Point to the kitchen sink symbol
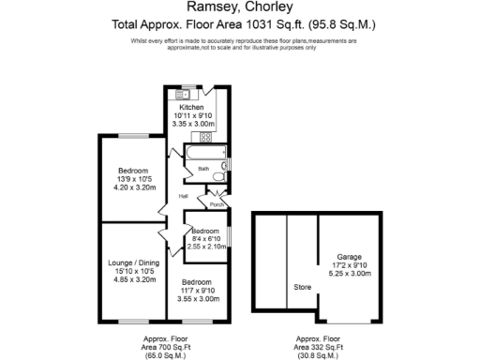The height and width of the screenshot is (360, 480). [177, 93]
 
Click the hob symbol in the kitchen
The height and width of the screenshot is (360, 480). [208, 138]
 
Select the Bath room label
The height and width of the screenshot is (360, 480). [202, 170]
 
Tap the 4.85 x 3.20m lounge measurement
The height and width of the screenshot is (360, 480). [132, 279]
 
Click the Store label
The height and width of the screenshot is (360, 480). [302, 287]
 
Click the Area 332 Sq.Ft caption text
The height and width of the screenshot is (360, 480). [320, 345]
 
